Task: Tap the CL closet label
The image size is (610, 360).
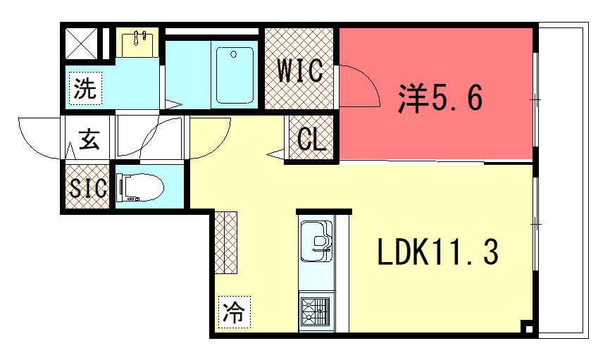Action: pyautogui.click(x=311, y=139)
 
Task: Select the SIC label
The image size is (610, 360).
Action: pyautogui.click(x=88, y=188)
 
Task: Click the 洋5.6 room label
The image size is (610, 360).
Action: pyautogui.click(x=440, y=98)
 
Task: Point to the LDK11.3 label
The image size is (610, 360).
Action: pyautogui.click(x=437, y=252)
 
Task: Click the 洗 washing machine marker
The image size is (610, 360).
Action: pyautogui.click(x=86, y=88)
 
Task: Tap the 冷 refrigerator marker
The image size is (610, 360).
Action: pyautogui.click(x=234, y=312)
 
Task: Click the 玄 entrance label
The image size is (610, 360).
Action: pyautogui.click(x=89, y=139)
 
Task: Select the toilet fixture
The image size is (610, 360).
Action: pyautogui.click(x=140, y=187)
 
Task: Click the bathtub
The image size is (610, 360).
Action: pyautogui.click(x=235, y=75)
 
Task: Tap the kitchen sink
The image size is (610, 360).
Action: pyautogui.click(x=316, y=241)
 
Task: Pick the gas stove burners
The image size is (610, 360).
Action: pyautogui.click(x=316, y=311)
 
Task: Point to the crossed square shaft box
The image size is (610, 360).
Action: pyautogui.click(x=81, y=44)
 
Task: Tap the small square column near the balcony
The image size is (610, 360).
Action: pyautogui.click(x=528, y=328)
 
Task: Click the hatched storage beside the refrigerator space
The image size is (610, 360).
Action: pyautogui.click(x=226, y=242)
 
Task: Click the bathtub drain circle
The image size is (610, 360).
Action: pyautogui.click(x=233, y=54)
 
